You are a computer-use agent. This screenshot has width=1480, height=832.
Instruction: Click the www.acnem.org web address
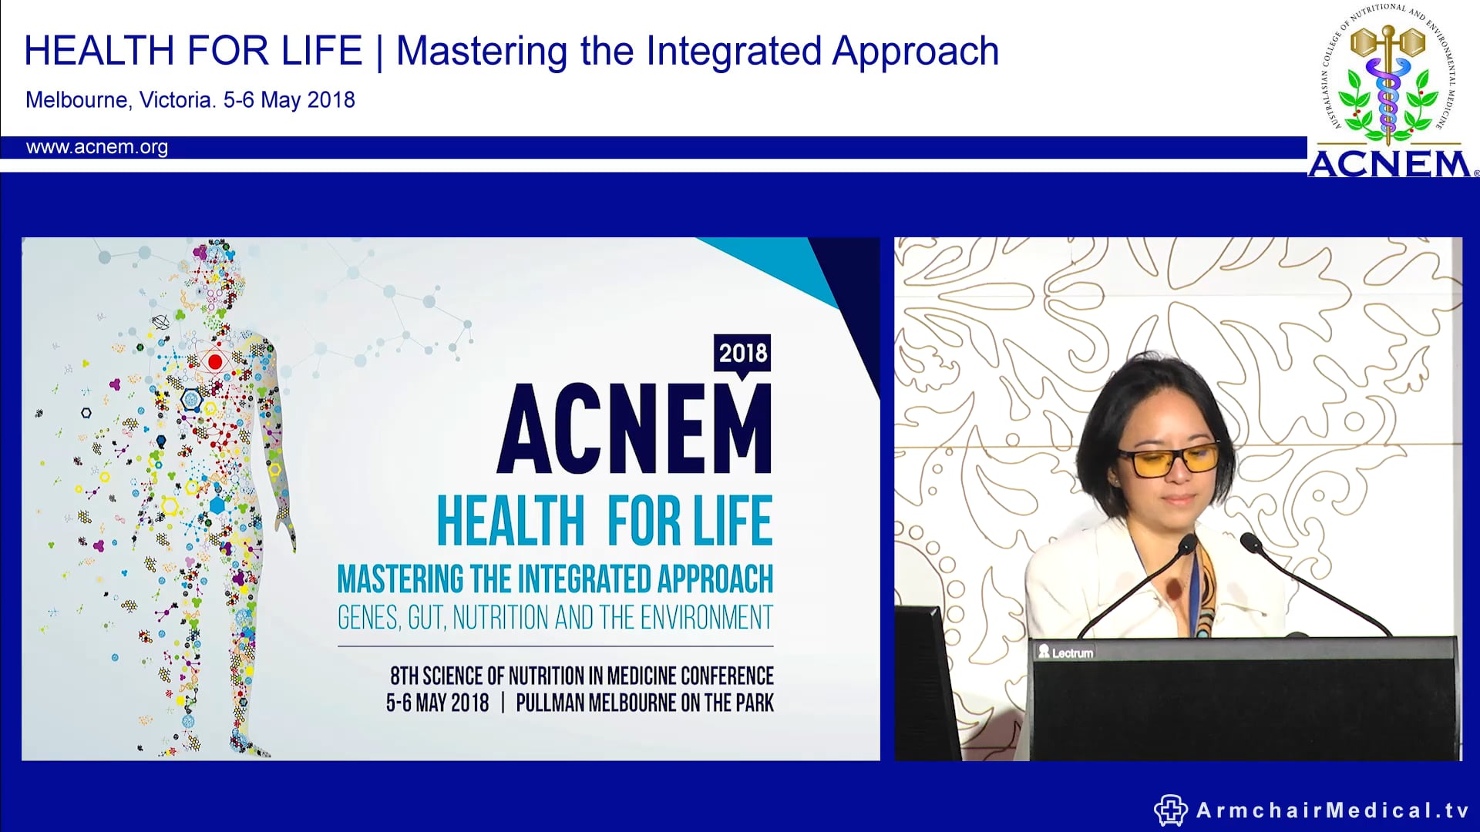pos(97,147)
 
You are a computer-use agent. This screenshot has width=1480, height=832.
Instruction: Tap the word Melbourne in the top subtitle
pos(76,100)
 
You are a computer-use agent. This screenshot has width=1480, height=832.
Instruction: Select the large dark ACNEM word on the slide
pos(634,428)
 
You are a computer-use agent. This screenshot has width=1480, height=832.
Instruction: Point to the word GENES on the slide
pos(368,618)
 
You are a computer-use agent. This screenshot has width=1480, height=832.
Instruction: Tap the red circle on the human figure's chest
pos(215,361)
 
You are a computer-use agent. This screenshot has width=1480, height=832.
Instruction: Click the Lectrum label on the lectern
pos(1066,653)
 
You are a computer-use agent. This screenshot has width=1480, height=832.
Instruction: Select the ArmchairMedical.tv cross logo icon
pos(1170,810)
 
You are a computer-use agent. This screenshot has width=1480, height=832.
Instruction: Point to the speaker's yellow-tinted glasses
pos(1168,460)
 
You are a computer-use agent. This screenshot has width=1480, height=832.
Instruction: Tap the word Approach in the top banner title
pos(916,52)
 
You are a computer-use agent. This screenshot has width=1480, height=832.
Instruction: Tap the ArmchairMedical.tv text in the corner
pos(1333,810)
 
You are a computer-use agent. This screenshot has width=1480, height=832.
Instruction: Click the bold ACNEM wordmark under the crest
pos(1390,164)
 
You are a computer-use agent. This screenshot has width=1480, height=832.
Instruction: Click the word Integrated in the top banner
pos(734,52)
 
